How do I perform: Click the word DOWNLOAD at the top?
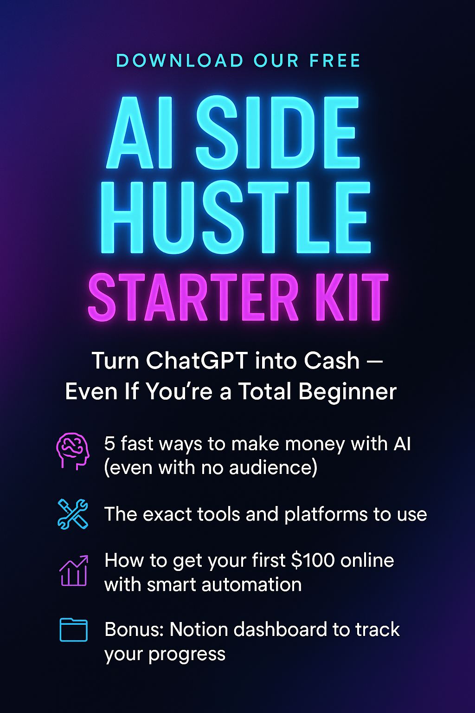[180, 60]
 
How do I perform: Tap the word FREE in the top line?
[335, 60]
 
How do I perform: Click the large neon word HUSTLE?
[236, 218]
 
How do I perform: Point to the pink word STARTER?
[193, 297]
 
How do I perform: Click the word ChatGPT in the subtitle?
[197, 361]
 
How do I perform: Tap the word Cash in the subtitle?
[332, 361]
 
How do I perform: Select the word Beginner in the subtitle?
[347, 392]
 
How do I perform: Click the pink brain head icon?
[73, 451]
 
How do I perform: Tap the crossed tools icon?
[73, 514]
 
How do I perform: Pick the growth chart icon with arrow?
[74, 570]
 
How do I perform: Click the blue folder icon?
[73, 629]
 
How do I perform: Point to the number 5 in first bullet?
[109, 444]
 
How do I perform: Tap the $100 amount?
[313, 561]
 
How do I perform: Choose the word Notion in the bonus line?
[198, 629]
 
